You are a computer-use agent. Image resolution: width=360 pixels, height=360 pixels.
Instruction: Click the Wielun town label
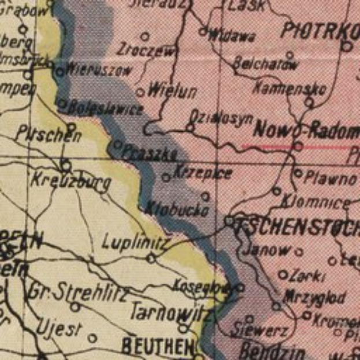coord(172,91)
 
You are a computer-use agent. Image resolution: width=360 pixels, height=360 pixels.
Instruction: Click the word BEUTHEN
coord(158,347)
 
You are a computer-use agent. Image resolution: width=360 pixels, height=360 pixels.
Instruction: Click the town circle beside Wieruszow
coord(60,72)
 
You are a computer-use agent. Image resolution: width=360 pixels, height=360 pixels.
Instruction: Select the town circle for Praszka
coord(117,144)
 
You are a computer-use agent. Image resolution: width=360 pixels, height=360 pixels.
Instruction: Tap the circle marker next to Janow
coord(299,251)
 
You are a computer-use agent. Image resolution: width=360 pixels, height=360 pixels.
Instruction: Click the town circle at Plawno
coord(298,173)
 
